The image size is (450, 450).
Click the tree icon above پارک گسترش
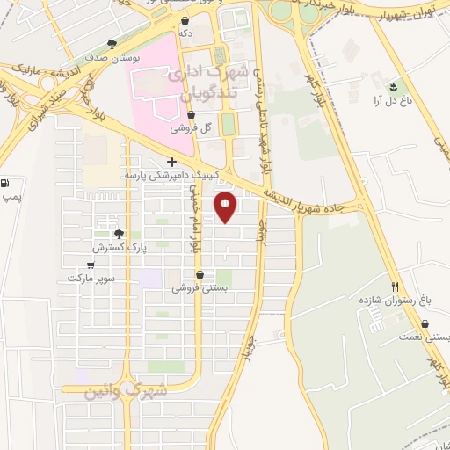point(119,234)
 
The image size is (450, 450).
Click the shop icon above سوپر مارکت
point(91,264)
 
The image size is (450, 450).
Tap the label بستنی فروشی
point(199,287)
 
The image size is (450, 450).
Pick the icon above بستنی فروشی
point(200,273)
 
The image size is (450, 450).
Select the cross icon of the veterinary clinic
point(171,162)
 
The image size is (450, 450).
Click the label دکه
point(185,33)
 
